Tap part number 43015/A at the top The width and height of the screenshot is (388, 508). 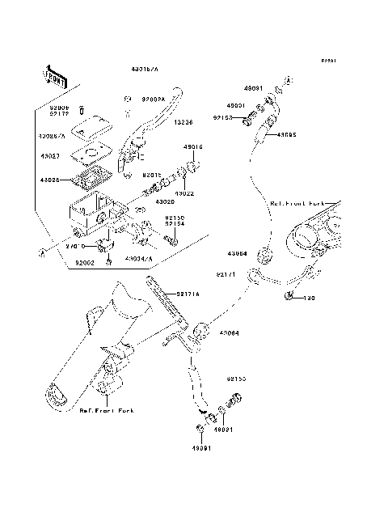coord(145,71)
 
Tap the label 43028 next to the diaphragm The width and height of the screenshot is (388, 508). coord(48,180)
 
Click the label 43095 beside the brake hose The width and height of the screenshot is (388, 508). coord(286,135)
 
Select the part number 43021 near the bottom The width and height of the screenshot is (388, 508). coord(229,429)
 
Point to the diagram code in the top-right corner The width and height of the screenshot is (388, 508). coord(327,61)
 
